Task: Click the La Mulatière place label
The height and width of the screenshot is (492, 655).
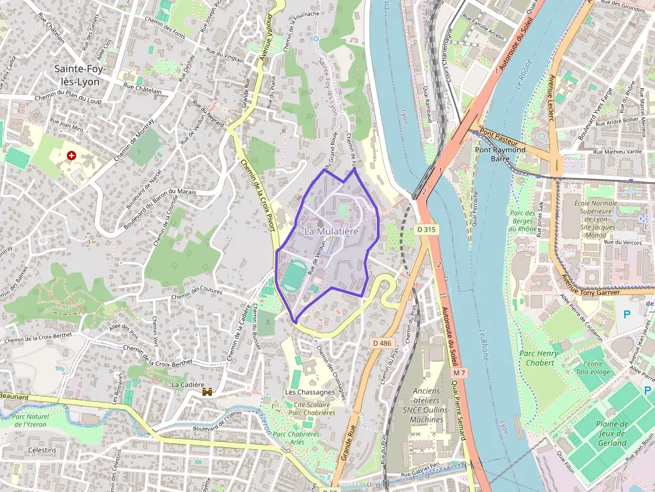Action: coord(332,231)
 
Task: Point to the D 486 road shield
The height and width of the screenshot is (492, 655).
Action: coord(382,343)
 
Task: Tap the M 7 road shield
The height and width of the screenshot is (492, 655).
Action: coord(458,372)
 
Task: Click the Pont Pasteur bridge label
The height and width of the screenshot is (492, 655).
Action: coord(499,141)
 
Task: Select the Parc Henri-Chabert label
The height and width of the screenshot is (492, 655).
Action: coord(537,358)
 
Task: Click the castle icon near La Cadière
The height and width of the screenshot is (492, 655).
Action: coord(208,393)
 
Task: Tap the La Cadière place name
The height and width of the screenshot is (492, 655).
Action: coord(188,385)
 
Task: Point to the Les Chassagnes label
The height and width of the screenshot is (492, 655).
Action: coord(309,392)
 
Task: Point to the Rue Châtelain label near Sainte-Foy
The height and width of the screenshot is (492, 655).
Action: coord(143,88)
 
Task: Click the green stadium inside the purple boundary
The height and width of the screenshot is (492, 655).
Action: coord(292,276)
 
